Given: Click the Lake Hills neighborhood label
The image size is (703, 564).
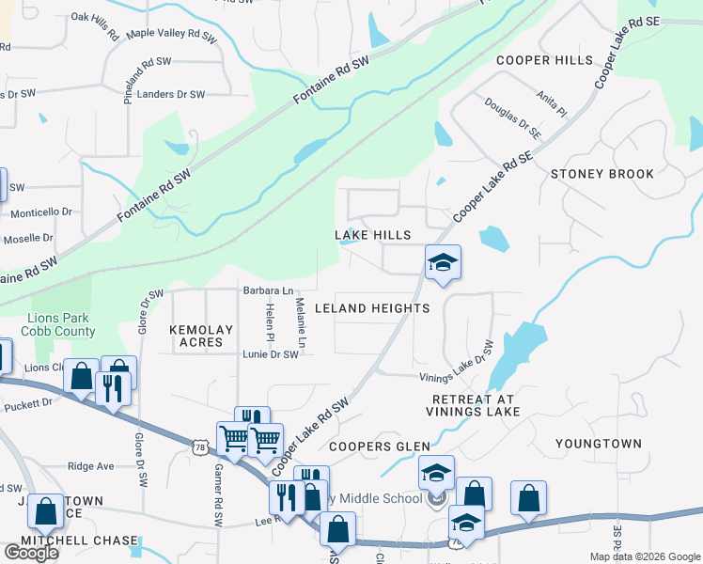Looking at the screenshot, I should click(x=373, y=234).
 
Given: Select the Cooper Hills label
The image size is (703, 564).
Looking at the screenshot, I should click(x=544, y=60).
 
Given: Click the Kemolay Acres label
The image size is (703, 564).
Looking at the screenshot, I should click(x=195, y=336).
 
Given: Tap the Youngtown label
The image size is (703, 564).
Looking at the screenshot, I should click(x=598, y=444).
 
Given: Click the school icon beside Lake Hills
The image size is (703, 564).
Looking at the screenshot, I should click(x=443, y=262).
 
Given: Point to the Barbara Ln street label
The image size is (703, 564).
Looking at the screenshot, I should click(x=268, y=290).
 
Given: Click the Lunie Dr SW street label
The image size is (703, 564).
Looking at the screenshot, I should click(x=270, y=354).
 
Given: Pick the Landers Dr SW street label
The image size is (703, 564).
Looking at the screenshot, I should click(x=171, y=95).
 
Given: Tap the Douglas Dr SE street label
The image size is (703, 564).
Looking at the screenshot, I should click(x=513, y=117).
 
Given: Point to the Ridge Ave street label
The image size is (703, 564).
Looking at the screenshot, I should click(x=91, y=466).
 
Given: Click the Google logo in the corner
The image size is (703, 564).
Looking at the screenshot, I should click(x=31, y=552).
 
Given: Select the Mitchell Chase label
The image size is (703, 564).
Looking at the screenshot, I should click(x=70, y=540).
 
